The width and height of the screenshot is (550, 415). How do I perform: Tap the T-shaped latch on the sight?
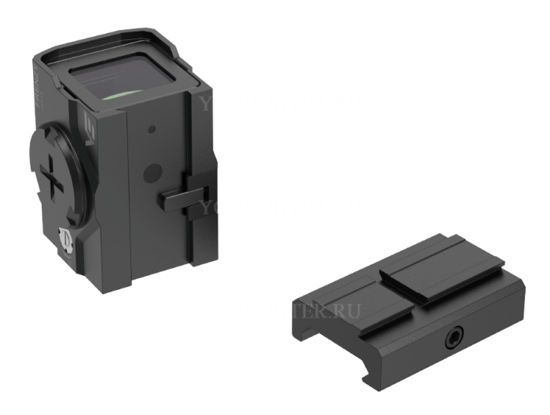[x=183, y=196]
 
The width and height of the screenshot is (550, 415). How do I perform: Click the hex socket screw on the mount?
[x=453, y=339]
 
